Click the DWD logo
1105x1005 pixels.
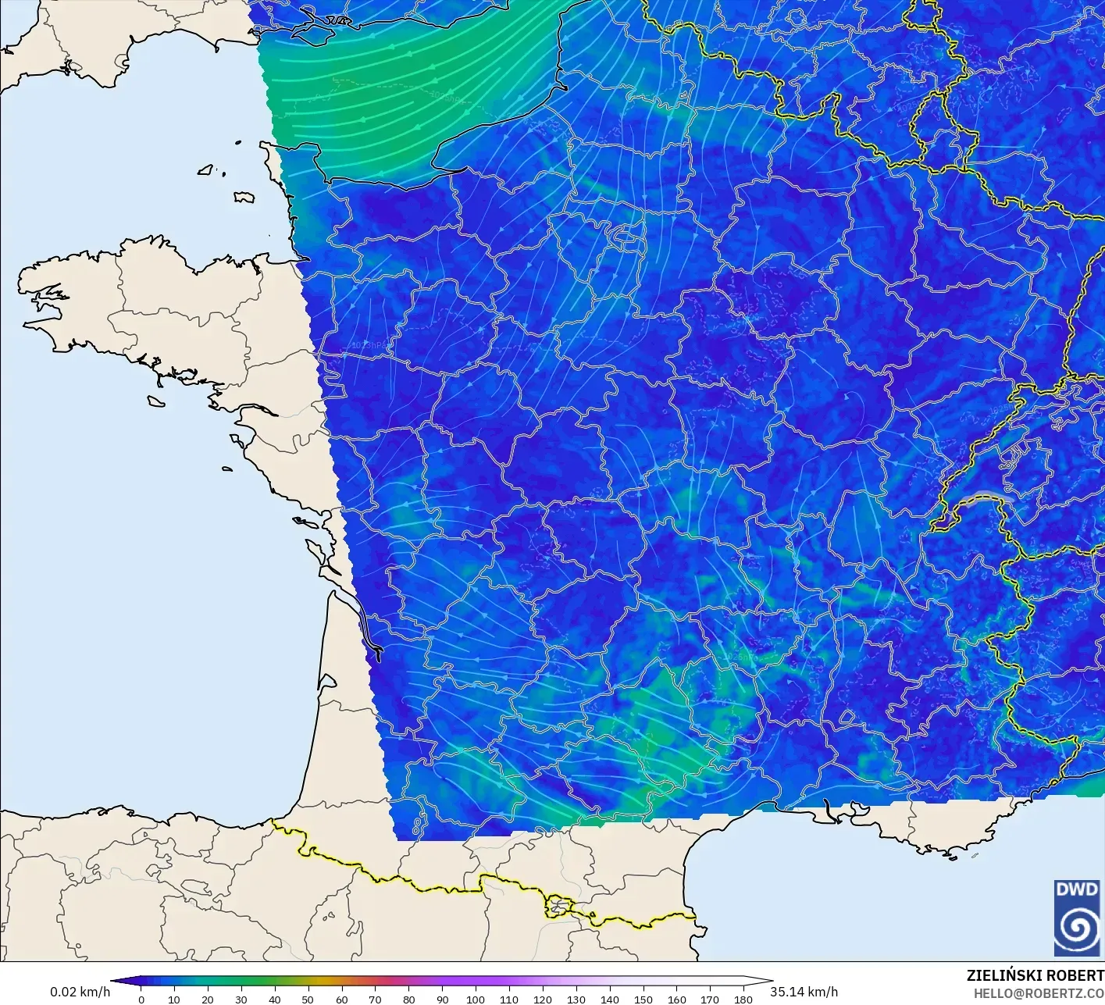coord(1077,917)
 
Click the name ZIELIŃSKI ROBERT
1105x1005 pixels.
coord(1035,975)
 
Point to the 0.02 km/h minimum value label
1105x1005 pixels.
coord(80,992)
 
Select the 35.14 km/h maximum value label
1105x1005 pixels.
coord(804,992)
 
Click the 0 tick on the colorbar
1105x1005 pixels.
coord(141,1000)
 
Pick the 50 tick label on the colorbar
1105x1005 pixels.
coord(308,1000)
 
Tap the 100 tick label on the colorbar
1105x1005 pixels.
coord(476,1000)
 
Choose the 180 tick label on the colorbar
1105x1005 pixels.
coord(743,1000)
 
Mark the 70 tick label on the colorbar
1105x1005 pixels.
coord(375,1000)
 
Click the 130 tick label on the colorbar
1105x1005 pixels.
coord(576,1000)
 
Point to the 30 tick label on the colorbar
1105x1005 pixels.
coord(241,1000)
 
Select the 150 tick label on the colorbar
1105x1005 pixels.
coord(643,1000)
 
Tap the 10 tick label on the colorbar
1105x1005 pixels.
coord(174,1000)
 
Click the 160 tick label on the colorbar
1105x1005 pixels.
coord(676,1000)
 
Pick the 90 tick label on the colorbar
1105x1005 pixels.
coord(442,1000)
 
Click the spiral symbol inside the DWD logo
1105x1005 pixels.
coord(1077,928)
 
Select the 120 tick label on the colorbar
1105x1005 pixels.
coord(542,1000)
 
